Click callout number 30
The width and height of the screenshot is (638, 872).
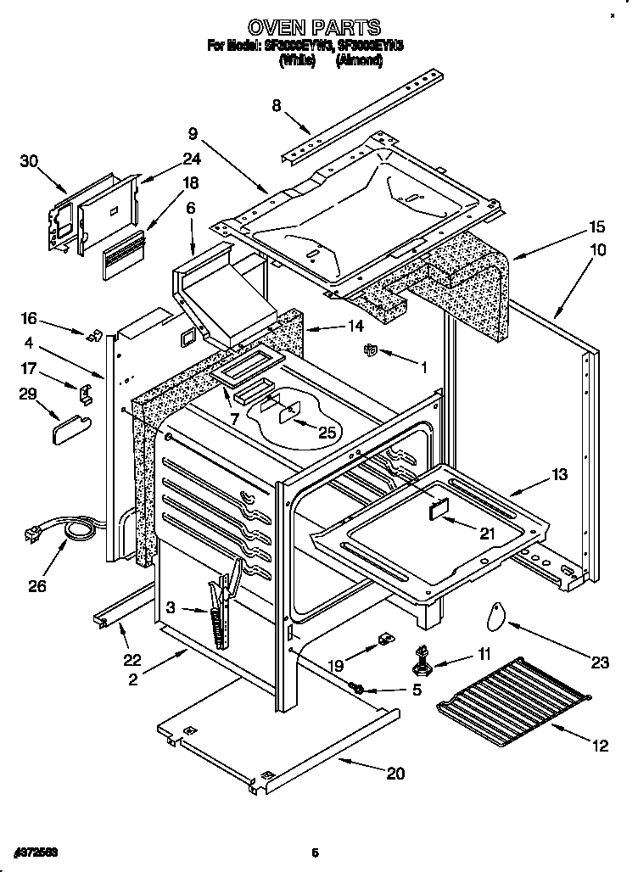click(x=30, y=161)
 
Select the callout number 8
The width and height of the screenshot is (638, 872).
click(x=277, y=106)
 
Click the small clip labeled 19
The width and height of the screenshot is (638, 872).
click(x=384, y=637)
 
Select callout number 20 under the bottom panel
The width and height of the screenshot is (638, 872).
click(x=395, y=773)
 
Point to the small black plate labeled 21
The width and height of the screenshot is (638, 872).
click(x=437, y=508)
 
